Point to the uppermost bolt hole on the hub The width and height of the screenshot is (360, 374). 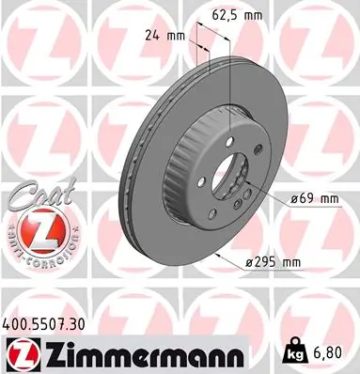click(237, 152)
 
